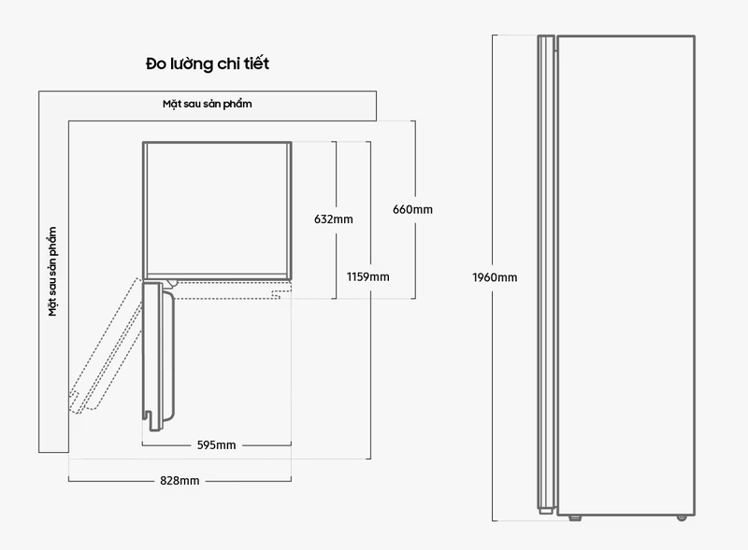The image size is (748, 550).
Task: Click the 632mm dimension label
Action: (334, 219)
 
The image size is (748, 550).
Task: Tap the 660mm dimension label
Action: (412, 209)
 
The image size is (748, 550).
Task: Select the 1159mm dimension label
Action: (367, 277)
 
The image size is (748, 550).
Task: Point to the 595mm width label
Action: (217, 445)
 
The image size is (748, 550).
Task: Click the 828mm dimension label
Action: (180, 480)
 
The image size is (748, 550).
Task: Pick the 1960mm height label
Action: (495, 277)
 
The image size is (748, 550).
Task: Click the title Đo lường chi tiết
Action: (208, 63)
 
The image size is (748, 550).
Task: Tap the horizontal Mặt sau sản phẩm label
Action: (207, 104)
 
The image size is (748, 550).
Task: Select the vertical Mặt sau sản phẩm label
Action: (52, 271)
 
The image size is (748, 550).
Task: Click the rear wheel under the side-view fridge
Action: (682, 517)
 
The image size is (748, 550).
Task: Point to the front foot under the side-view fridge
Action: (575, 517)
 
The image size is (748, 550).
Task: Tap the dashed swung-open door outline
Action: (106, 346)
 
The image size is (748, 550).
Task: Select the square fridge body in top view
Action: (217, 211)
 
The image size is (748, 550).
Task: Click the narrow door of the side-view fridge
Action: (546, 274)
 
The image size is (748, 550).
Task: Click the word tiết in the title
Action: (257, 63)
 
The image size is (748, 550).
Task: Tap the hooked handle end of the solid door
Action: (151, 421)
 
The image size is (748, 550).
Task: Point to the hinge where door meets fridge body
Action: (171, 284)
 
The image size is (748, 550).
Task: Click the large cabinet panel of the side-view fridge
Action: (626, 275)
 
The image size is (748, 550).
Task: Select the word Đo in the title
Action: (156, 63)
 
